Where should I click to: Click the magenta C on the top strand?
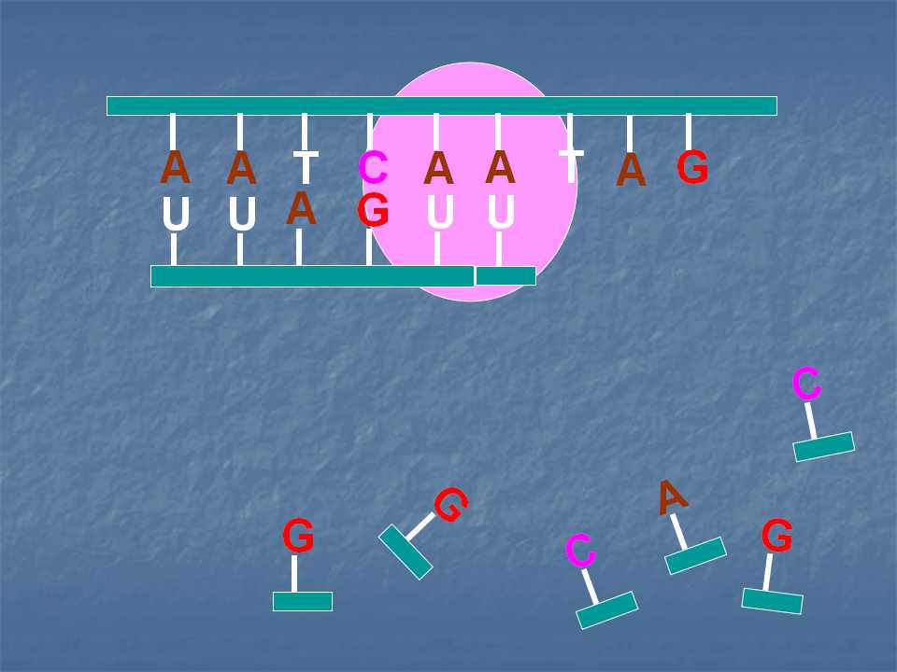[373, 167]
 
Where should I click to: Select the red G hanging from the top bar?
[692, 167]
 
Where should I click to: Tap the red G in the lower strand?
[373, 210]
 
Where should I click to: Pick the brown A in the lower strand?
[301, 208]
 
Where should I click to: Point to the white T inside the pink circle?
[571, 166]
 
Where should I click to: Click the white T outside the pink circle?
[306, 167]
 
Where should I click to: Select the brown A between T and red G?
[631, 170]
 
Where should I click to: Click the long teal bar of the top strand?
[442, 106]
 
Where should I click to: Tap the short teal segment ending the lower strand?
[505, 275]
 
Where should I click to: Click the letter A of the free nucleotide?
[672, 497]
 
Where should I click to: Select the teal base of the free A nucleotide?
[695, 555]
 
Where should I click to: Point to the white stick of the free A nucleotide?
[679, 531]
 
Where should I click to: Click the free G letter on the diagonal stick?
[450, 504]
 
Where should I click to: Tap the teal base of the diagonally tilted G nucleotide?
[406, 552]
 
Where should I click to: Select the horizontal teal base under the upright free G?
[303, 601]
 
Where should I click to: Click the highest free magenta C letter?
[806, 384]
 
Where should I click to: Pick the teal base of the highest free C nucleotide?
[824, 447]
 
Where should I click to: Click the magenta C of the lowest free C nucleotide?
[580, 551]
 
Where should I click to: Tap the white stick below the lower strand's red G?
[369, 246]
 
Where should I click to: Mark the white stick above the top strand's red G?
[689, 132]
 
